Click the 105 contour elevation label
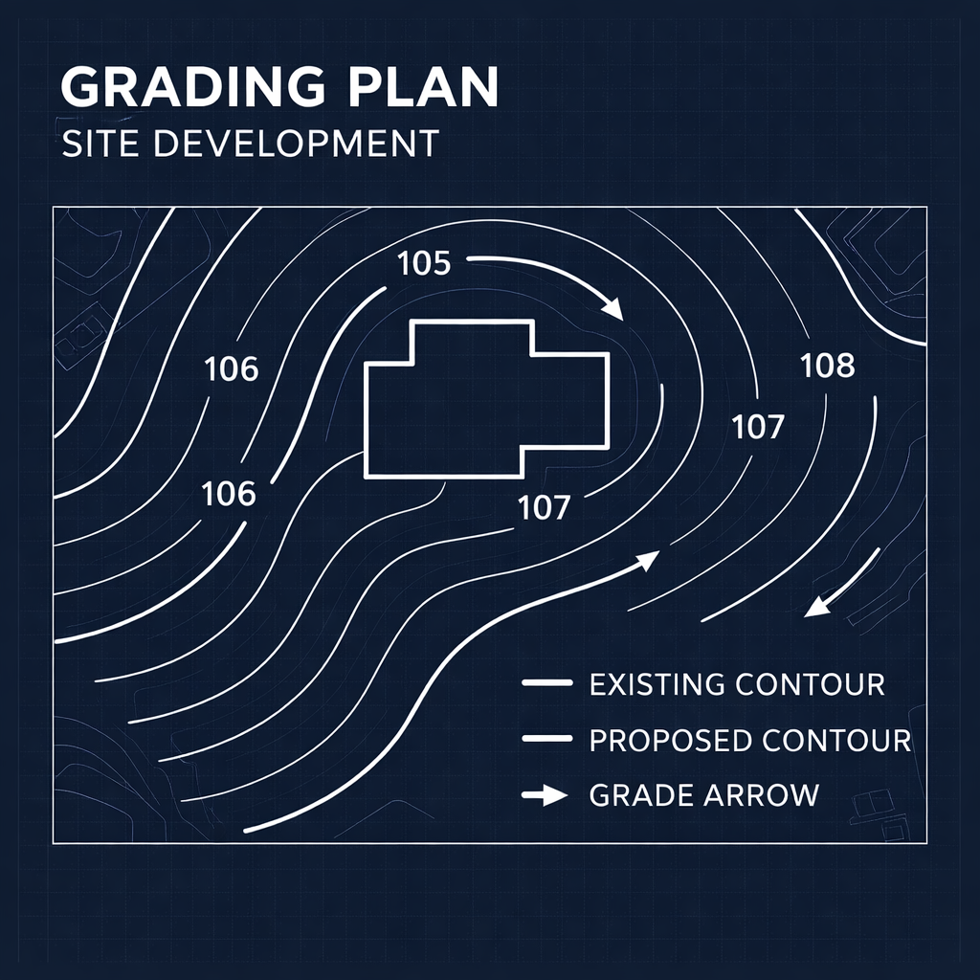coord(423,262)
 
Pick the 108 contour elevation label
coord(827,365)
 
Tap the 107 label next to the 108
coord(758,427)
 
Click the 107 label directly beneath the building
coord(544,507)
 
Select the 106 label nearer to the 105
coord(232,368)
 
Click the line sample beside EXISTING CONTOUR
coord(546,683)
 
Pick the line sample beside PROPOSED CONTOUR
coord(546,739)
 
